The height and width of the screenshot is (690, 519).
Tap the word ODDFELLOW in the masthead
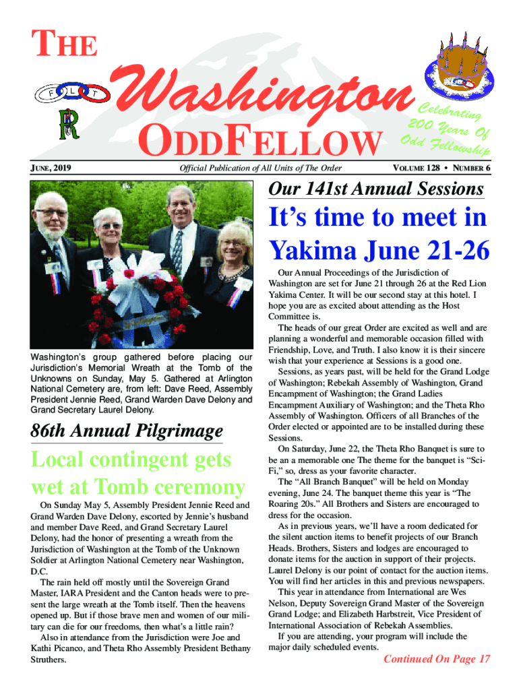coord(259,143)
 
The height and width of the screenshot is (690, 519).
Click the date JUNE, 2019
coord(51,168)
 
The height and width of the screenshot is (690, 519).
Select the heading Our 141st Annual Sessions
coord(375,189)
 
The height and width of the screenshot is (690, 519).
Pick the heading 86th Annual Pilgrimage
coord(127,431)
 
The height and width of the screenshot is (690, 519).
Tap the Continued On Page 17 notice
coord(436,659)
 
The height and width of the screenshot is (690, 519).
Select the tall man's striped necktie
coord(177,250)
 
